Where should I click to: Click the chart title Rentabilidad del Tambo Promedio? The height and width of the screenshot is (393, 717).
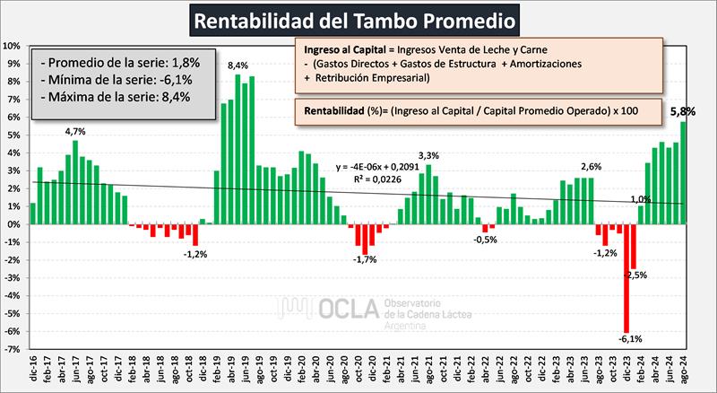coord(358,19)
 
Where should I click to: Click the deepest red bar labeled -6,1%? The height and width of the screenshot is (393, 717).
coord(626,277)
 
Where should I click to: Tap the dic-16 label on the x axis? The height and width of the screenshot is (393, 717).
coord(33,367)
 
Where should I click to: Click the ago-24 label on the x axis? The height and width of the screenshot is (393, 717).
coord(684,367)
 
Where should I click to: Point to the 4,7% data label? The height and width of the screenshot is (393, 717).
coord(76,131)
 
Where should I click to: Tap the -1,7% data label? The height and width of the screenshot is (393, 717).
coord(364,260)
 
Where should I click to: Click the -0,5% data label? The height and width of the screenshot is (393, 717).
coord(485,240)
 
